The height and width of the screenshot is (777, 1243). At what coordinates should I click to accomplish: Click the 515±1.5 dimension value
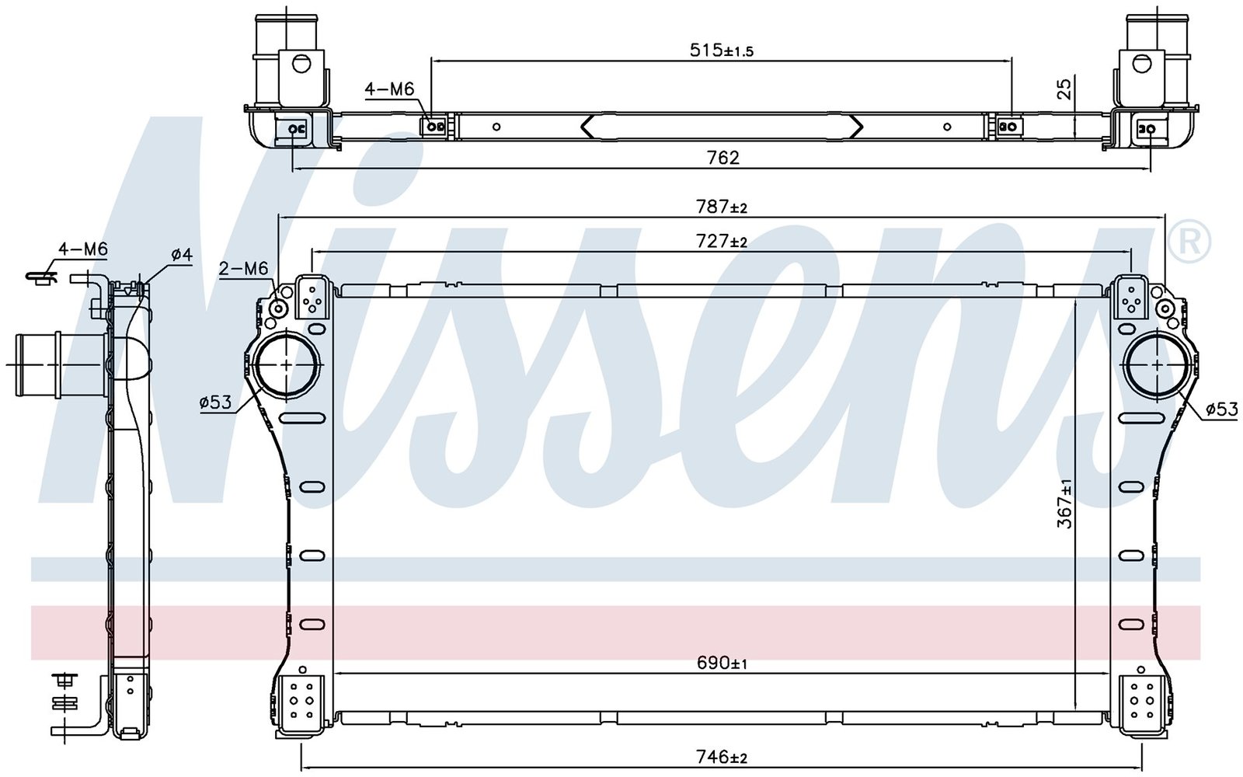click(x=722, y=51)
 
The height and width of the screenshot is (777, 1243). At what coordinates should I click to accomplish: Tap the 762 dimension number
click(x=723, y=159)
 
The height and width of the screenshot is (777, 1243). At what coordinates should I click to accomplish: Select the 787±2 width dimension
click(x=722, y=207)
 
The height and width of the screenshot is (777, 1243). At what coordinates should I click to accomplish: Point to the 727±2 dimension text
click(x=722, y=242)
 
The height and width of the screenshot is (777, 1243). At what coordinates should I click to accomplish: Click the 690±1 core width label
click(x=722, y=664)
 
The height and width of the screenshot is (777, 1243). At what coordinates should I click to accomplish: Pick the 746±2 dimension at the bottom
click(x=722, y=757)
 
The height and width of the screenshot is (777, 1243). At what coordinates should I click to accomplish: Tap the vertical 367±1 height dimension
click(x=1064, y=503)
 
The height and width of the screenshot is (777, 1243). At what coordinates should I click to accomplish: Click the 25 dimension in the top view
click(x=1064, y=89)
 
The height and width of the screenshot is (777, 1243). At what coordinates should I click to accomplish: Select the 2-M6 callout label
click(x=244, y=269)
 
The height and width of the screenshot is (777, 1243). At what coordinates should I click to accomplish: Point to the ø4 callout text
click(x=182, y=255)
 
